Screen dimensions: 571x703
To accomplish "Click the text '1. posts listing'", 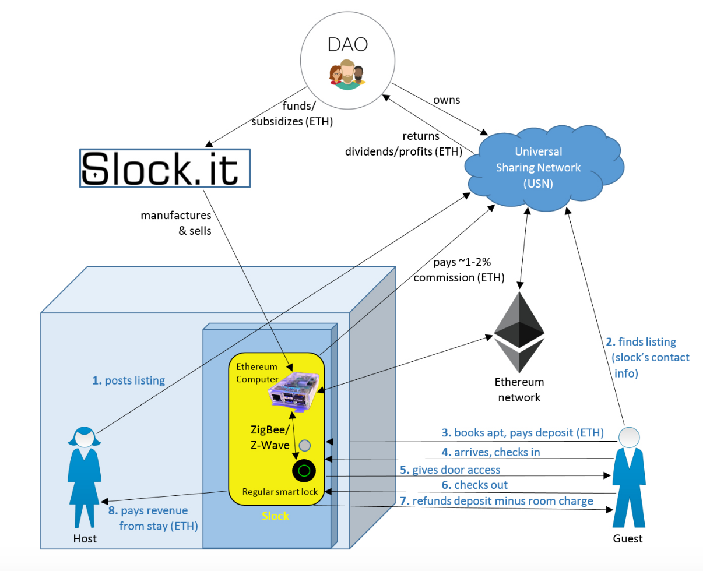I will tap(129, 380).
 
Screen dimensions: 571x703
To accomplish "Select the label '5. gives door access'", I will tap(450, 469).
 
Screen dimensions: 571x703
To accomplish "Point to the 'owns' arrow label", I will tap(447, 100).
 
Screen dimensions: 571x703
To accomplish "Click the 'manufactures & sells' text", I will tap(176, 222).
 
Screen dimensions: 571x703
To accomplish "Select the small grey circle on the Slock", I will tap(304, 446).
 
